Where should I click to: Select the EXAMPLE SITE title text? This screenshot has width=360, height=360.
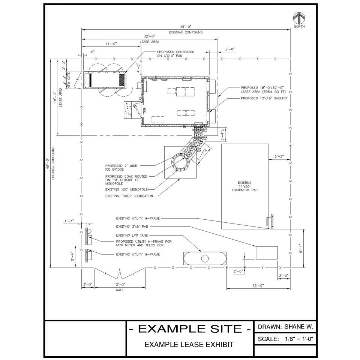click(190, 329)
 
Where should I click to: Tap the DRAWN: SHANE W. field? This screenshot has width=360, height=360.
click(285, 327)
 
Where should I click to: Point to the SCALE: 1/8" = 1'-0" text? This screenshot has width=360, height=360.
click(285, 339)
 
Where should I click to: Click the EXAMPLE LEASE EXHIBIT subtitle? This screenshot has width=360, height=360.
click(189, 344)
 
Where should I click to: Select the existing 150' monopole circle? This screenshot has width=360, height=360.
click(179, 163)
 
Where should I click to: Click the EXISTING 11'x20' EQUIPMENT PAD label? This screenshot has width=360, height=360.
click(244, 186)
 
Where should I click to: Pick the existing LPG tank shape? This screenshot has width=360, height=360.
click(205, 258)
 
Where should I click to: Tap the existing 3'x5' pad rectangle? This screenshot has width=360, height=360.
click(267, 253)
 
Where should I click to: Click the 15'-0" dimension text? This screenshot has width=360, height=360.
click(258, 286)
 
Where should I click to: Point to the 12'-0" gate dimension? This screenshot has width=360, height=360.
click(120, 284)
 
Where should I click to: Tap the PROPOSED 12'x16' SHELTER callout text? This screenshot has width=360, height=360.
click(264, 98)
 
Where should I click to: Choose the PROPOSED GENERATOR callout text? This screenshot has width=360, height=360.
click(175, 54)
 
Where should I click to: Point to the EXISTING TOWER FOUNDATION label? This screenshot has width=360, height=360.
click(129, 196)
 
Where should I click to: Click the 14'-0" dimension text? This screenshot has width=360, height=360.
click(111, 44)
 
